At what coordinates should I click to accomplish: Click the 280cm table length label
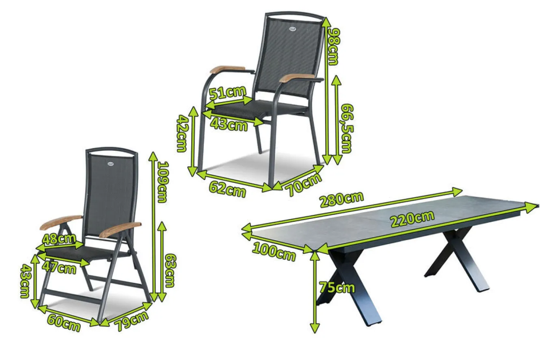[341, 200]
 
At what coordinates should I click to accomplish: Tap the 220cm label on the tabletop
[413, 219]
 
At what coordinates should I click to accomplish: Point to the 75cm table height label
[337, 287]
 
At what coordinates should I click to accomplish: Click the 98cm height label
[334, 47]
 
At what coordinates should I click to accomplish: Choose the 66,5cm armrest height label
[347, 129]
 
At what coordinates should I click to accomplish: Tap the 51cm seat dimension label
[227, 92]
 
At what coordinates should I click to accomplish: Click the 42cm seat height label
[182, 133]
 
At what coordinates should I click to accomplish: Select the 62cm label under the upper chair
[227, 189]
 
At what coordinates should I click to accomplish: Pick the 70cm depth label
[304, 184]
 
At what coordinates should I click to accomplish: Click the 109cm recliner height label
[162, 182]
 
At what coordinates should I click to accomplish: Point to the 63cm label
[170, 271]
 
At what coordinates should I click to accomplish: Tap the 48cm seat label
[59, 239]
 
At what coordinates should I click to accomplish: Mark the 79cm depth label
[132, 321]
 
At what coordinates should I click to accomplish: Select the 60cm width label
[64, 323]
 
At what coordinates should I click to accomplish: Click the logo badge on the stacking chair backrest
[292, 29]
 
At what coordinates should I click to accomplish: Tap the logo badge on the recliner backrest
[111, 164]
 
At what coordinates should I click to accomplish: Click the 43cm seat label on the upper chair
[229, 125]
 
